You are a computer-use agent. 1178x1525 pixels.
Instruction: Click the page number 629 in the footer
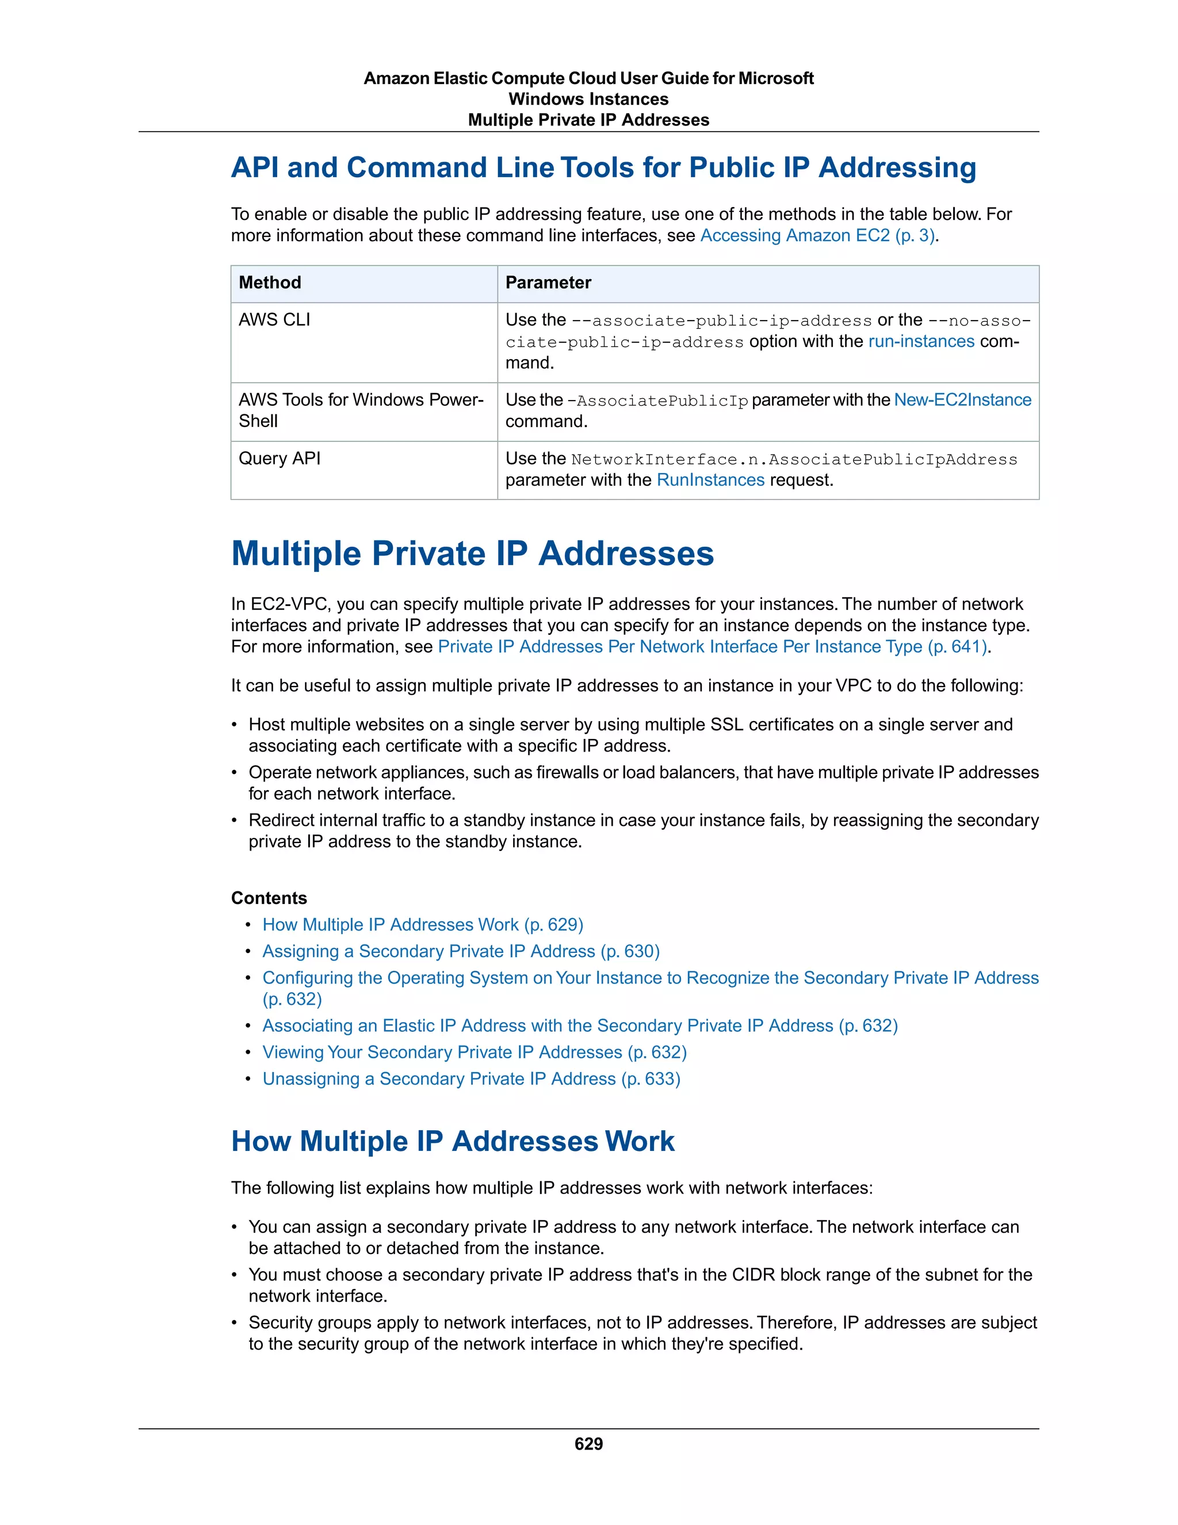tap(588, 1443)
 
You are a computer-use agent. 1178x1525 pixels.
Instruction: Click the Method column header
tap(270, 283)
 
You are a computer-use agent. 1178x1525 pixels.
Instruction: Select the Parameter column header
tap(548, 283)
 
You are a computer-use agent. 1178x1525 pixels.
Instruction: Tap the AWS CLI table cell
tap(274, 320)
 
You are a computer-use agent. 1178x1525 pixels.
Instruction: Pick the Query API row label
tap(279, 458)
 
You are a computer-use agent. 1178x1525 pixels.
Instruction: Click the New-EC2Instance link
tap(962, 400)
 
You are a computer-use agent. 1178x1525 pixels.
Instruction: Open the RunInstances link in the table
tap(710, 481)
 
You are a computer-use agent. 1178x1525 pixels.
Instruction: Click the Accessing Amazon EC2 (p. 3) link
tap(817, 235)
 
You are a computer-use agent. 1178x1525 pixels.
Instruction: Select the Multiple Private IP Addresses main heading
tap(472, 554)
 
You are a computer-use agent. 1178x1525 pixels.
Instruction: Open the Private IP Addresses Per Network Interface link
tap(712, 647)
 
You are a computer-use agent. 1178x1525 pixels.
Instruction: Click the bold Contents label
tap(269, 898)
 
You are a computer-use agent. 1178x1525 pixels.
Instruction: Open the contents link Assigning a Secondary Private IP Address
tap(461, 951)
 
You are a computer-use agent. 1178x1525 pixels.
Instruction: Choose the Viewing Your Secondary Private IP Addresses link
tap(475, 1053)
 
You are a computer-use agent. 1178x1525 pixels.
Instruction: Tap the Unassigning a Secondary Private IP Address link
tap(471, 1079)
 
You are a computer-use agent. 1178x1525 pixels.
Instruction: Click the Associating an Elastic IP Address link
tap(579, 1025)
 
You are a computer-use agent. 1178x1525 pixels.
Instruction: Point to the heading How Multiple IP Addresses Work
tap(452, 1142)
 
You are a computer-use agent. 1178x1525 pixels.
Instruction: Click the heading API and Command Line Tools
tap(603, 168)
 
